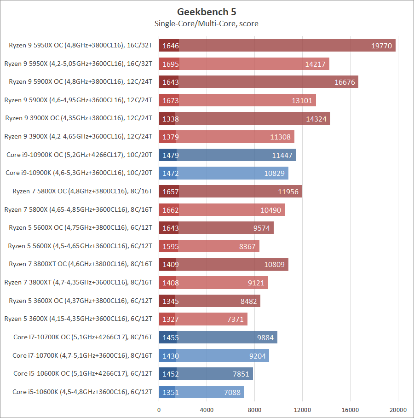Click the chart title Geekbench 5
(207, 12)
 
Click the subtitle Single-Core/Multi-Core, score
(207, 23)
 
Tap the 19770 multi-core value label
(382, 46)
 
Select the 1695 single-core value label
(170, 64)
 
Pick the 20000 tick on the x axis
(398, 410)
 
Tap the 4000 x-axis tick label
(207, 410)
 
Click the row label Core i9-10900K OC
(79, 155)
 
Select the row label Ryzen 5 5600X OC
(80, 228)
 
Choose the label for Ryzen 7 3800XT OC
(80, 264)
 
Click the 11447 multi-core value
(282, 155)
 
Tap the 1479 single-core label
(170, 155)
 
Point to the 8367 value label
(247, 246)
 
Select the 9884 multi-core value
(265, 337)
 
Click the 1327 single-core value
(170, 319)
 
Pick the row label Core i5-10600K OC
(83, 374)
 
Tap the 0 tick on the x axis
(159, 410)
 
